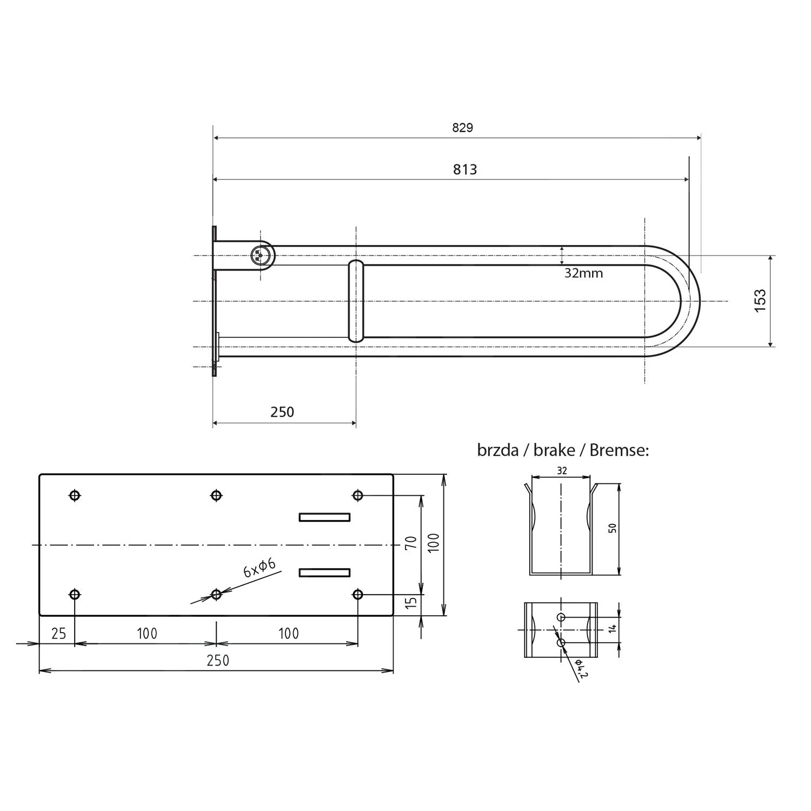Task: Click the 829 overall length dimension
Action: tap(462, 128)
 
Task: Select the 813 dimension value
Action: tap(464, 170)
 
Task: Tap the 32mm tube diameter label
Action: tap(583, 273)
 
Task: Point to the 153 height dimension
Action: tap(760, 301)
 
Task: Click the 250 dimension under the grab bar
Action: tap(282, 412)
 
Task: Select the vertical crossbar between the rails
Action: tap(356, 301)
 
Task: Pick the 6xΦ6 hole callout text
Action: tap(260, 568)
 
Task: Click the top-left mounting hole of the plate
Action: tap(75, 495)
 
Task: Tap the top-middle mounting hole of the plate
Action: tap(216, 495)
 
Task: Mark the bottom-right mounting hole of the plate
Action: tap(357, 595)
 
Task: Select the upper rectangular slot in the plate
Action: tap(324, 517)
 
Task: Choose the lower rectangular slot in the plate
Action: tap(324, 572)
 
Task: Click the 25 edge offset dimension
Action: tap(58, 633)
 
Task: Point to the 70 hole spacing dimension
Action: tap(410, 542)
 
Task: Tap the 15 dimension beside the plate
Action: tap(411, 602)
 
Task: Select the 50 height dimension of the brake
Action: tap(612, 528)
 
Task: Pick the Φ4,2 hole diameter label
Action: tap(581, 669)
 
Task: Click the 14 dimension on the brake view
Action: tap(612, 629)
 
